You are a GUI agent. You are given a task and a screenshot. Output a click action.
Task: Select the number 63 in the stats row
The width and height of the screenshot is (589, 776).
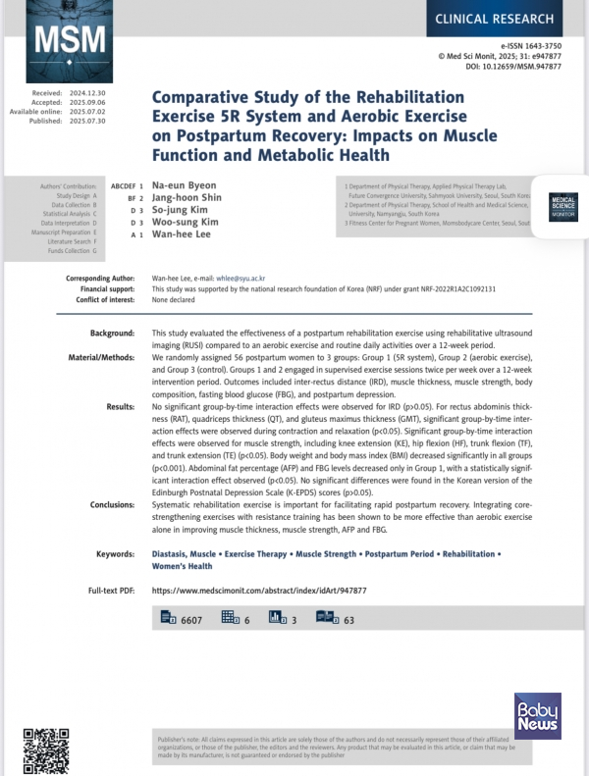348,619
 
